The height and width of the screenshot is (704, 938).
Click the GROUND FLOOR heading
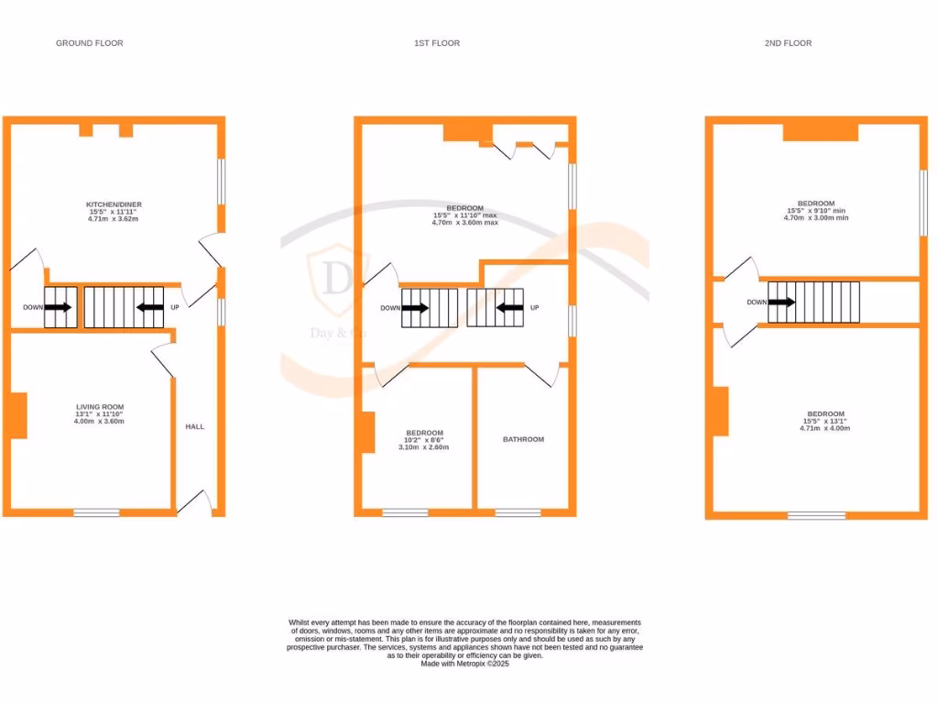[x=89, y=43]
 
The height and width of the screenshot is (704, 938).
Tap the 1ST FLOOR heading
[x=436, y=43]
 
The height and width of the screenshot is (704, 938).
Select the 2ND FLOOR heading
[x=789, y=43]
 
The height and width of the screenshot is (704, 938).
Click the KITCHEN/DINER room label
[x=114, y=204]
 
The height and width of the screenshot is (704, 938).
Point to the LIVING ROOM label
[x=100, y=407]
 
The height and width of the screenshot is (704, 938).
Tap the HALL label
[x=195, y=427]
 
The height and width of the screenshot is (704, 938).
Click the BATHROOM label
[x=523, y=439]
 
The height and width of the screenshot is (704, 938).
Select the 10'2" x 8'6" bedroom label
[x=424, y=433]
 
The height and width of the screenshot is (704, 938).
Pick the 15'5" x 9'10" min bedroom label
[x=815, y=203]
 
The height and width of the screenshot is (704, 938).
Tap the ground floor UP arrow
[x=149, y=307]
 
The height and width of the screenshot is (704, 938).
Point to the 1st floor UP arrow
[x=509, y=308]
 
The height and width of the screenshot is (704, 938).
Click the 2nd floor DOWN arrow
[x=781, y=302]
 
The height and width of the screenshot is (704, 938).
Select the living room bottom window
[x=96, y=512]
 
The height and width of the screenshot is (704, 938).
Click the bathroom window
[x=518, y=512]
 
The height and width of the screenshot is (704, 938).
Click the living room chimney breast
[x=18, y=415]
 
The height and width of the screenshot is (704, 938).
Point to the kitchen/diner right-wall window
[x=221, y=181]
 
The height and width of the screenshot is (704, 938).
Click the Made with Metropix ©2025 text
[x=464, y=664]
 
